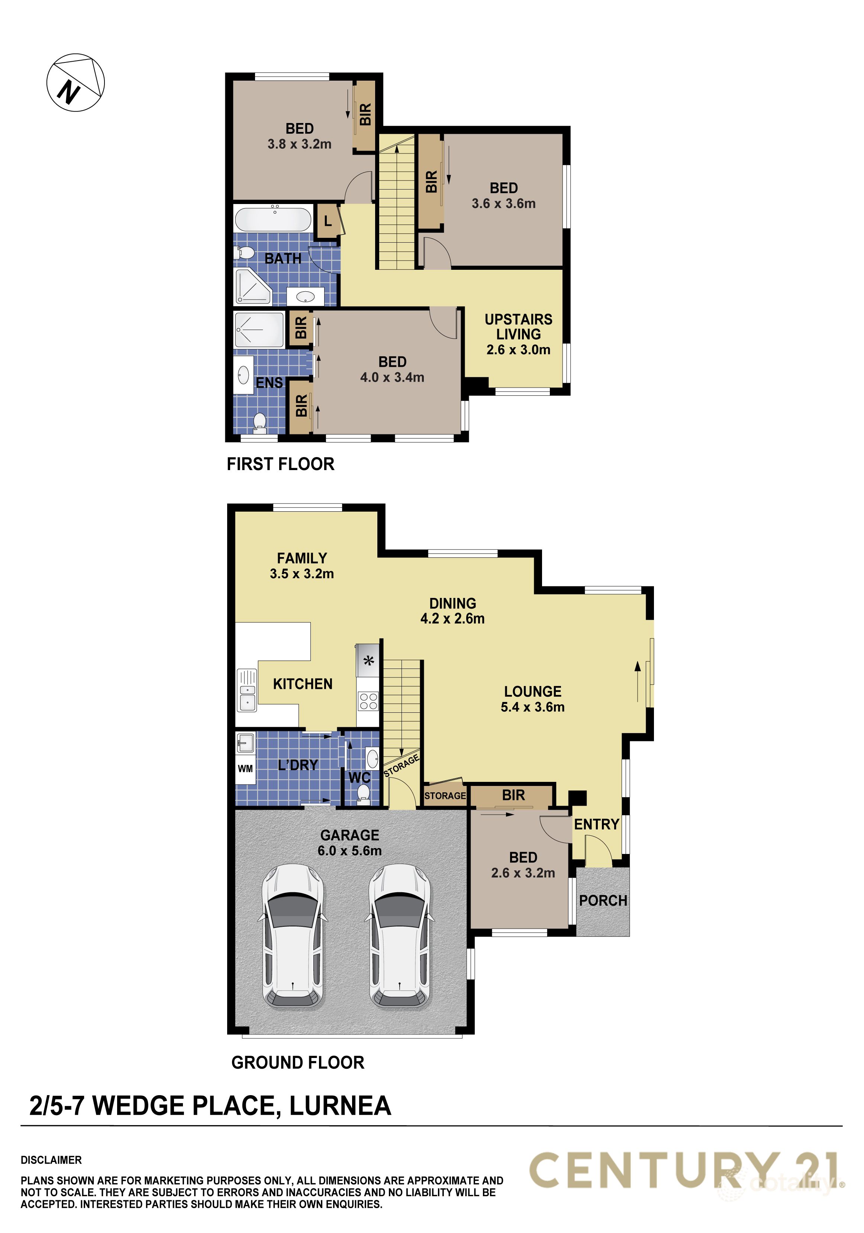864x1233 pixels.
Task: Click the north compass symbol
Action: [75, 83]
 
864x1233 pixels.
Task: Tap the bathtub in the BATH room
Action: [273, 219]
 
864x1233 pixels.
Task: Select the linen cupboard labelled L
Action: [327, 221]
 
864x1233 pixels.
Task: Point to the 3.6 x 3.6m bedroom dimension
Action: [503, 204]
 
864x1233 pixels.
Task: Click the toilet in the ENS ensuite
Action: [260, 421]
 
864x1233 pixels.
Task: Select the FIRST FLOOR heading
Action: [280, 464]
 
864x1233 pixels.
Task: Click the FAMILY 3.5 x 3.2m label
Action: [302, 566]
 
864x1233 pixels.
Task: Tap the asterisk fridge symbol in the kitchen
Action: [368, 661]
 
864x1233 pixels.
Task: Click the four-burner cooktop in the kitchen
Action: [368, 701]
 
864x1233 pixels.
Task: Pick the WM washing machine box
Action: [245, 768]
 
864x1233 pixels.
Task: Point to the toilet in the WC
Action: [364, 793]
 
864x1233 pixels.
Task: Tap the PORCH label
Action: [603, 900]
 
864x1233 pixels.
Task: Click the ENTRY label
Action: [596, 824]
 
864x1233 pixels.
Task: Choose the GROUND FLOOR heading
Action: [298, 1062]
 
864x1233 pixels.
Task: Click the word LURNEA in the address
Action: [340, 1106]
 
